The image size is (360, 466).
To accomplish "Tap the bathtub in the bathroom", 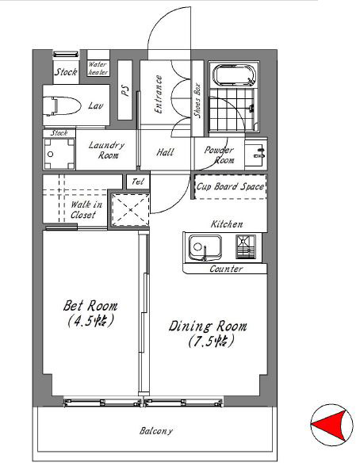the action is click(x=235, y=75).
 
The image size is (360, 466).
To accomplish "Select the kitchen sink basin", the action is click(x=205, y=248).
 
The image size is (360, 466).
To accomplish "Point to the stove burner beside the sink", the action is click(x=246, y=246).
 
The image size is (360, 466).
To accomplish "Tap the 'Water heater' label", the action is click(x=98, y=68).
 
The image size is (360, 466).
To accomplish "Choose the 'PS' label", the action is click(x=125, y=90).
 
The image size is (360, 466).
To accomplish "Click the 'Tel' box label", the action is click(x=138, y=181).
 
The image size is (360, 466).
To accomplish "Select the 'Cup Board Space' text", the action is click(x=230, y=186).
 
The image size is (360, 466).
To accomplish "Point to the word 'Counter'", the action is click(x=226, y=269).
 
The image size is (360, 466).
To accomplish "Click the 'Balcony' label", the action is click(x=156, y=431).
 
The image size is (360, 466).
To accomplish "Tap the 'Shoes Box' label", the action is click(x=197, y=101).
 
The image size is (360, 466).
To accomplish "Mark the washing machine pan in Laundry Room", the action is click(x=59, y=154).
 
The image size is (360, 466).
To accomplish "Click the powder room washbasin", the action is click(x=255, y=154).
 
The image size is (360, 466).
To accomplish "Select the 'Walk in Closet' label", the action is click(x=86, y=209).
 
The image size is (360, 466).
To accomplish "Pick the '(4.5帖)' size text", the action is click(x=90, y=321).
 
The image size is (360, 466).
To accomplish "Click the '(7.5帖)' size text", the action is click(x=212, y=341).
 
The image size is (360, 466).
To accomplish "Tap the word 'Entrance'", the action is click(x=159, y=94).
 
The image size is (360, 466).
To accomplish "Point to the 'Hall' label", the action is click(x=165, y=152).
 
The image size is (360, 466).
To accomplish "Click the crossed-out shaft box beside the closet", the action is click(x=131, y=210).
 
